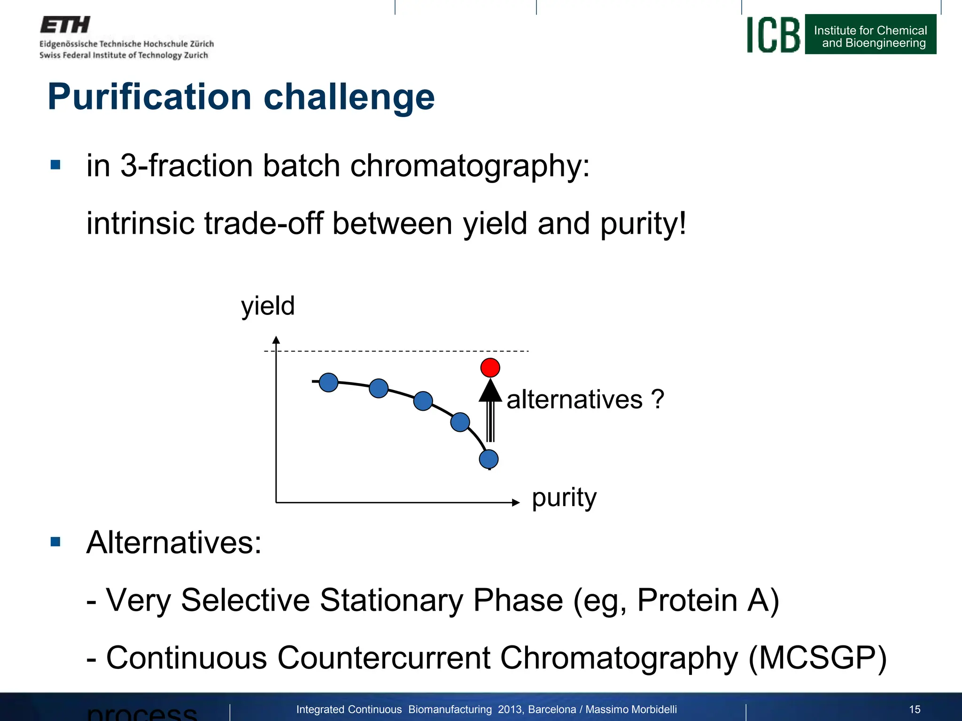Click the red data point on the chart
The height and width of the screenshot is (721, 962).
tap(490, 368)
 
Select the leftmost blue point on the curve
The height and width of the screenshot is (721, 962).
tap(328, 383)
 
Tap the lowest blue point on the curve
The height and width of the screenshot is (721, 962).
tap(489, 459)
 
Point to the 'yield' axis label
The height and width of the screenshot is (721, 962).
tap(268, 306)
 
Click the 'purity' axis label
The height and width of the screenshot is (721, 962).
tap(564, 498)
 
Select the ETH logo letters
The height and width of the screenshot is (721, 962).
tap(65, 25)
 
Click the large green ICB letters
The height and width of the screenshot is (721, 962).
tap(773, 35)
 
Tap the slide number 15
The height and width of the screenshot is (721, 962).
tap(915, 709)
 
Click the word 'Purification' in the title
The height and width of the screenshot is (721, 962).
tap(150, 97)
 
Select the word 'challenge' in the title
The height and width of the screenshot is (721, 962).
tap(349, 97)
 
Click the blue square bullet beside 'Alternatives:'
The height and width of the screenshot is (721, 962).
tap(55, 542)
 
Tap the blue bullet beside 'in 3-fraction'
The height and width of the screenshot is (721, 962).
tap(55, 165)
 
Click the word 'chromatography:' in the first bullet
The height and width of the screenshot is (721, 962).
tap(470, 166)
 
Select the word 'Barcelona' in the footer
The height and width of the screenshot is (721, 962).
tap(552, 709)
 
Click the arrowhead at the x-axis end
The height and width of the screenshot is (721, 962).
tap(516, 503)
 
